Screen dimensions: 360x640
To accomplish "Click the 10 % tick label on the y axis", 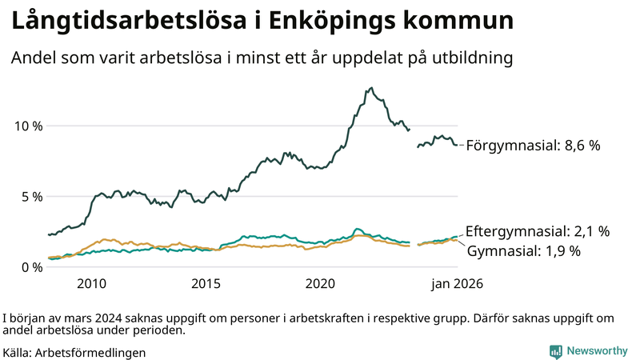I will point(26,126).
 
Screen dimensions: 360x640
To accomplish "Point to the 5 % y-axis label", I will point(30,196).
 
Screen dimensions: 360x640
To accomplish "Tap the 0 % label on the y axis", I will point(30,266).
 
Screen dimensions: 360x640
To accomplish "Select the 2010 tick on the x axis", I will point(92,284).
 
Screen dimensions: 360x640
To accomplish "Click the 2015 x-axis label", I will point(206,284).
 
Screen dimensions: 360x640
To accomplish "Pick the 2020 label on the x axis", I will point(320,284).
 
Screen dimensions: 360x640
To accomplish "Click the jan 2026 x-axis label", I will point(457,284).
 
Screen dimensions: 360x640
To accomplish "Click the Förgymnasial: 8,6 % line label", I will point(533,146).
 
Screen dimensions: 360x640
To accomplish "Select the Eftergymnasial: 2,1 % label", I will point(538,231).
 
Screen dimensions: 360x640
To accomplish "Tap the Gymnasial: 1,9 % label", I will point(523,250).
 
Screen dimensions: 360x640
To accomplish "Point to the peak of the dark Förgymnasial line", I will point(371,88).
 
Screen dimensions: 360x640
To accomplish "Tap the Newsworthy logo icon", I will point(555,351).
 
